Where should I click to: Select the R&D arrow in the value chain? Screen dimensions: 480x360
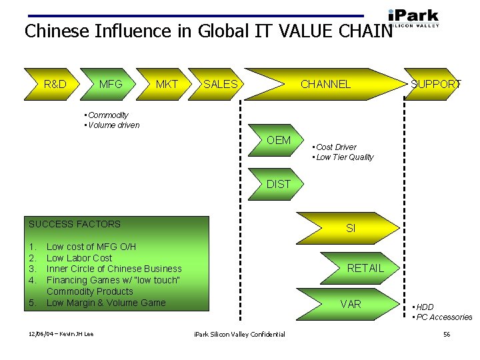point(54,84)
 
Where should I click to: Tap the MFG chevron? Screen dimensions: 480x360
point(111,84)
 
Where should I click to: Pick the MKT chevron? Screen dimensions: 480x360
point(167,84)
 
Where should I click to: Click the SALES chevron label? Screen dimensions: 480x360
point(220,84)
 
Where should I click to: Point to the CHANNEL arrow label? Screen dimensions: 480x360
point(325,84)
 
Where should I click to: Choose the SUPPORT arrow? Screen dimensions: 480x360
point(435,84)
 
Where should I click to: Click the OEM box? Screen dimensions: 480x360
point(279,140)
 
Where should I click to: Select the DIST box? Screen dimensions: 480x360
point(279,184)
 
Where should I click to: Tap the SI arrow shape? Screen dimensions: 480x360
point(351,228)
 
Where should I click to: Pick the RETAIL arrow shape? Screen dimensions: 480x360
point(365,268)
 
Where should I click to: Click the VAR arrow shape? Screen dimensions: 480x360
point(351,304)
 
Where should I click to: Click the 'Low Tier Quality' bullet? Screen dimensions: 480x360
point(345,157)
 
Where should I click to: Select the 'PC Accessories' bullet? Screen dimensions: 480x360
point(443,317)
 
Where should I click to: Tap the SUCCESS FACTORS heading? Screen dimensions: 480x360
point(75,224)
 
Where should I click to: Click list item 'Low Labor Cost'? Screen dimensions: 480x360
point(79,258)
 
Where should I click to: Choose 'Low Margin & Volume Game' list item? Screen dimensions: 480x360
point(106,303)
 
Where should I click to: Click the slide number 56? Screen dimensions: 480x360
point(447,334)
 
